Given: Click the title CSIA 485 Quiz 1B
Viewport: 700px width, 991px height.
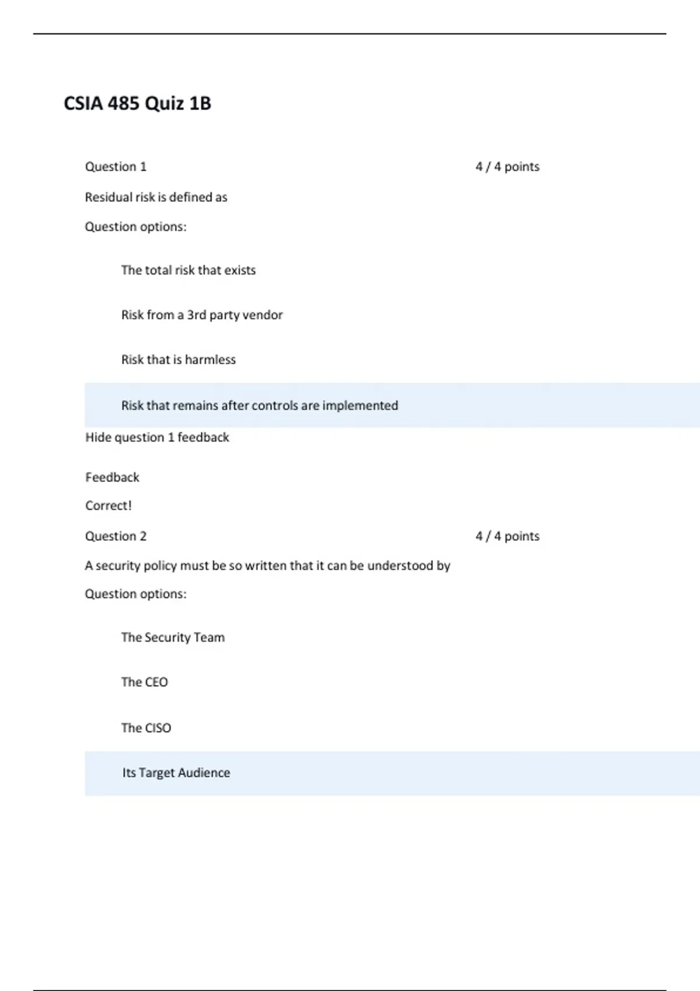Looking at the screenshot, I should (137, 104).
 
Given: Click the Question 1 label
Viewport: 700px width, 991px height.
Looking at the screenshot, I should (116, 167).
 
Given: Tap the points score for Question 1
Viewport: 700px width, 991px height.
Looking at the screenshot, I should (507, 167).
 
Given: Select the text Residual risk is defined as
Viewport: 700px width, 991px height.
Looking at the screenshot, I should (156, 198).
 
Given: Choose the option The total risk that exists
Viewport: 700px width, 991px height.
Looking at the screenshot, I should (188, 270).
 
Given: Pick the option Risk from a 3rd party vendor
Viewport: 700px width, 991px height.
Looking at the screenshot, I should (201, 315).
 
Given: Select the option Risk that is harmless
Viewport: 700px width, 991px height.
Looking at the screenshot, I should (178, 360).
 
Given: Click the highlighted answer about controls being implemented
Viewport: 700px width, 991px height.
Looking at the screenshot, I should (259, 406).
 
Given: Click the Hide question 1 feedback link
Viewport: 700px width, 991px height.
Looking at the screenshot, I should (157, 437).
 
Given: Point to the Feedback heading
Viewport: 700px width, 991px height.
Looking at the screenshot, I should (112, 477).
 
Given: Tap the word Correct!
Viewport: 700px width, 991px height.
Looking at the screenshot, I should (108, 505).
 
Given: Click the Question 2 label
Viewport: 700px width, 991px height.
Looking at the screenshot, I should (116, 536).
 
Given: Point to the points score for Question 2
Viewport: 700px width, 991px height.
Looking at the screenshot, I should (507, 536).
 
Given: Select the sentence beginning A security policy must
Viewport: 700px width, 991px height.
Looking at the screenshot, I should (267, 566).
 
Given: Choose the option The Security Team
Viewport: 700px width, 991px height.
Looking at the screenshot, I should (173, 638).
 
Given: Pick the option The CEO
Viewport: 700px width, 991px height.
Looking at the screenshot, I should (144, 682).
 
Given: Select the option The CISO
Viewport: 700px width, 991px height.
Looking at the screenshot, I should (146, 728).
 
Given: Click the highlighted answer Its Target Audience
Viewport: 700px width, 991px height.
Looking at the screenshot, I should (176, 773).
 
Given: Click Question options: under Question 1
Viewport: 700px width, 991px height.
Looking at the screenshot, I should (135, 227).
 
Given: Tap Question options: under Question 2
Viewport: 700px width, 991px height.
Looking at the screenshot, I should (135, 594).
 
